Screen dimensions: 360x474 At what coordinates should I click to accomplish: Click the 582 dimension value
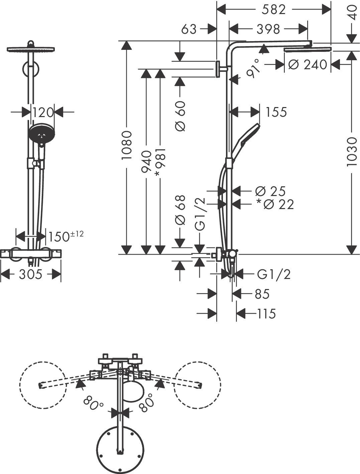point(273,10)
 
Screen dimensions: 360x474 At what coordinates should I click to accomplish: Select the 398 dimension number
point(268,29)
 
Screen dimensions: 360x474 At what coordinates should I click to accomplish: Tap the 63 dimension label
point(189,29)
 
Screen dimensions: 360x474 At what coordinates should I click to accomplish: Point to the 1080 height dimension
point(127,145)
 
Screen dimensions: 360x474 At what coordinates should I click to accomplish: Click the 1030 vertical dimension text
point(352,152)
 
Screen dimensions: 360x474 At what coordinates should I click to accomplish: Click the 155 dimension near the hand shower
point(276,112)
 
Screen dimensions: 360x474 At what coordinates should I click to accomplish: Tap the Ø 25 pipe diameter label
point(270,191)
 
